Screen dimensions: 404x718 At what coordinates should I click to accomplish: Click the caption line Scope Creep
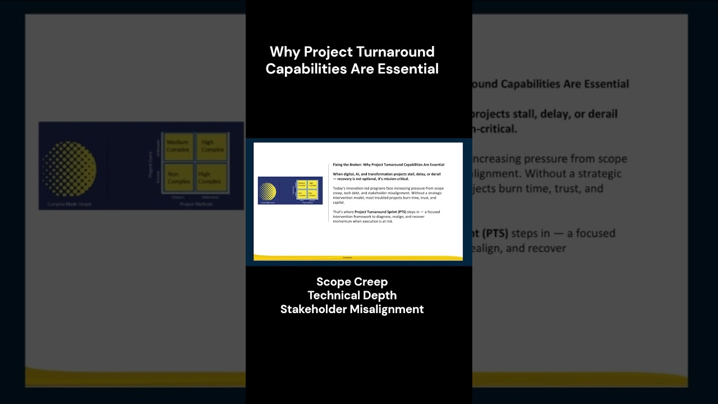tap(352, 282)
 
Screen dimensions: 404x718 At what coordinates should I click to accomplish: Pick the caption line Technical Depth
tap(352, 295)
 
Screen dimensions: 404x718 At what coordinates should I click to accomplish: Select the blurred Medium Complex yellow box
tap(178, 146)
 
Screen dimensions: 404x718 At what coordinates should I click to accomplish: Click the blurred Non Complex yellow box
tap(178, 178)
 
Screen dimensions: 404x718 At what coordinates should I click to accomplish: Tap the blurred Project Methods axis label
tap(195, 204)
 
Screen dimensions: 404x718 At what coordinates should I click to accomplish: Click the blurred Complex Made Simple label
tap(70, 204)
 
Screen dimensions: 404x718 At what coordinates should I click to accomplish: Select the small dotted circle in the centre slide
tap(268, 191)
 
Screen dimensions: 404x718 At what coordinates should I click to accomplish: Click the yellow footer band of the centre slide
tap(358, 258)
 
